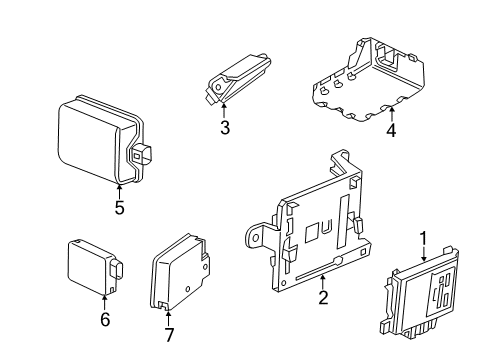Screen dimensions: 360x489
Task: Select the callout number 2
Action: point(323,298)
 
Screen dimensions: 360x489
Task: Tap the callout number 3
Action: point(225,127)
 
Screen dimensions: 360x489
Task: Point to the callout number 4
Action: point(390,130)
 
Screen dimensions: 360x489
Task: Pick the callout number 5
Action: point(119,208)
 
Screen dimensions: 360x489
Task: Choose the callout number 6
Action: point(105,319)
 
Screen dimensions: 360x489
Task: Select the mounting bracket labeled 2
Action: point(310,230)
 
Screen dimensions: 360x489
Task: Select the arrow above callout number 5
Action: point(119,190)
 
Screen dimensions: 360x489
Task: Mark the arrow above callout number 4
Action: point(390,114)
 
